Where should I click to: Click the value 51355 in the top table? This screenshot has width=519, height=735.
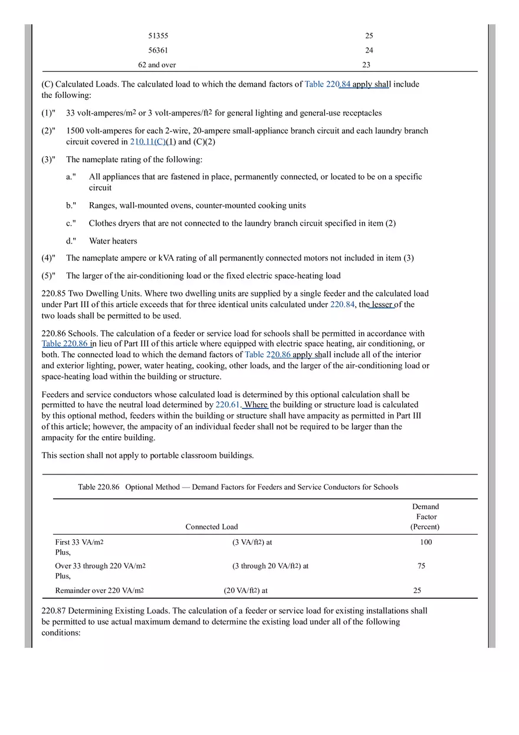coord(158,36)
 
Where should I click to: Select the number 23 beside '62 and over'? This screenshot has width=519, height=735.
coord(366,65)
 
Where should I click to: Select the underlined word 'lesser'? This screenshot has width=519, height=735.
coord(382,305)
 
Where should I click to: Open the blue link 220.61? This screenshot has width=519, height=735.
coord(228,405)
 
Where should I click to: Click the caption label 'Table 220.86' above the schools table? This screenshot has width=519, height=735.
coord(98,487)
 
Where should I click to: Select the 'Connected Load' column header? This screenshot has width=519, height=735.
coord(212,527)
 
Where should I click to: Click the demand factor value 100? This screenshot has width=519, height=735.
coord(425,542)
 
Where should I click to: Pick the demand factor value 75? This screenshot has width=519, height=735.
coord(421,566)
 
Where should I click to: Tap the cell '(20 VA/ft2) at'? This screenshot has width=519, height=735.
coord(245,591)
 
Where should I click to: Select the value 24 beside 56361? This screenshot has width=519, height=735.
coord(369,51)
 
